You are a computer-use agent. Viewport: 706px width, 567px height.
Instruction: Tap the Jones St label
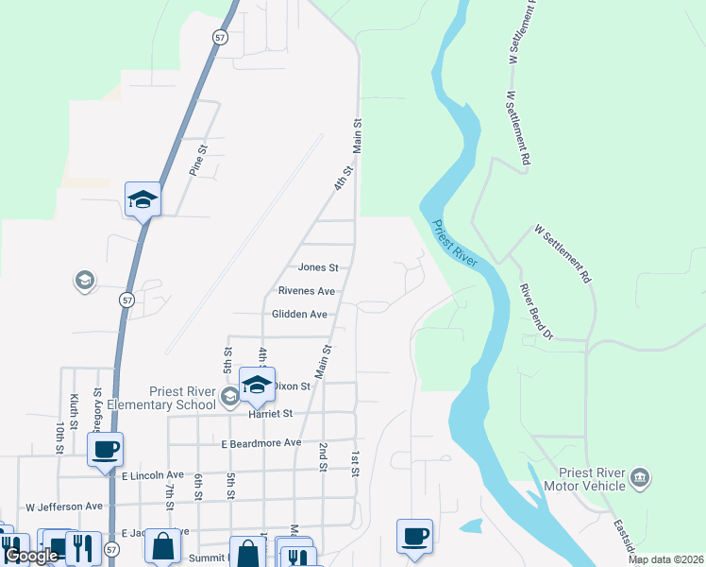(x=318, y=268)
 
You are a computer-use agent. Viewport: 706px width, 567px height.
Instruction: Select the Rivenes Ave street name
(x=307, y=291)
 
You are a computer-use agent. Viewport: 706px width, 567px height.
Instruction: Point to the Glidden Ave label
(x=299, y=314)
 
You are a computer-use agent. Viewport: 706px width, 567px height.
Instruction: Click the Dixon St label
(x=292, y=386)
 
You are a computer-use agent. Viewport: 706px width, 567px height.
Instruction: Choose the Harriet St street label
(x=272, y=413)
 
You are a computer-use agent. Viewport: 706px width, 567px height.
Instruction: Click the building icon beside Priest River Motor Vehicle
(x=641, y=475)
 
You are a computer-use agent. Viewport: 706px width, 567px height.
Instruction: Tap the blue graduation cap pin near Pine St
(x=143, y=198)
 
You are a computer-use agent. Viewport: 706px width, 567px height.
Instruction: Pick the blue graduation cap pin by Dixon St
(x=256, y=384)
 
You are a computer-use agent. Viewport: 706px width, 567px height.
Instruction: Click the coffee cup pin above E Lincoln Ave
(x=105, y=449)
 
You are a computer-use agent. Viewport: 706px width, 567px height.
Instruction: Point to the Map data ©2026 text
(x=665, y=559)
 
